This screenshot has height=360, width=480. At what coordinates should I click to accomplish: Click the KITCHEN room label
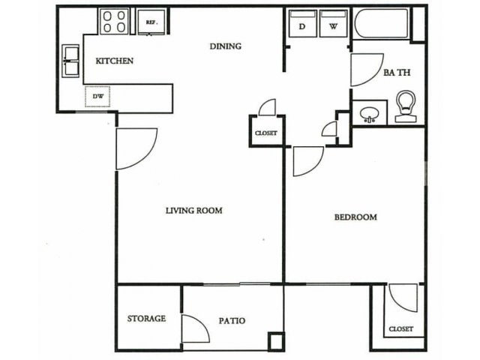point(114,61)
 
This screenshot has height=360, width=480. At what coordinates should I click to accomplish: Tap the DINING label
point(225,46)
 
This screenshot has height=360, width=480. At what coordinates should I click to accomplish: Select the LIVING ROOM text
point(193,211)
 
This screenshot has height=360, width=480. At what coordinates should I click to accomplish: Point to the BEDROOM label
point(355,217)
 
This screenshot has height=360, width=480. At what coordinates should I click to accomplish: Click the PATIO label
point(232,321)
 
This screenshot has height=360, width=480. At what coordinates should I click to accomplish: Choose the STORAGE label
point(146,319)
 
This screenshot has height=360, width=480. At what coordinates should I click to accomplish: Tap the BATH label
point(396,73)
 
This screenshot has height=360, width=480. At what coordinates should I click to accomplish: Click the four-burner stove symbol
point(115,21)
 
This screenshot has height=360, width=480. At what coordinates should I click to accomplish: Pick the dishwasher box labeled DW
point(97,96)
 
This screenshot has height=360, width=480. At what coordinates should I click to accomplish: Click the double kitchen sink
point(71,61)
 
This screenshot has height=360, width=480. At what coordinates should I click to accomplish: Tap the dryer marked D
point(302,23)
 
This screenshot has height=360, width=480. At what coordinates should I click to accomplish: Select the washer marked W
point(333,23)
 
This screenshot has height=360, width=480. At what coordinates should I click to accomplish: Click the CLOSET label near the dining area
point(266,133)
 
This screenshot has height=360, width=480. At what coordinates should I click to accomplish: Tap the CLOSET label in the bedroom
point(400,329)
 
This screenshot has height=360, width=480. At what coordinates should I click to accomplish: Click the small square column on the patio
point(277,340)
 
